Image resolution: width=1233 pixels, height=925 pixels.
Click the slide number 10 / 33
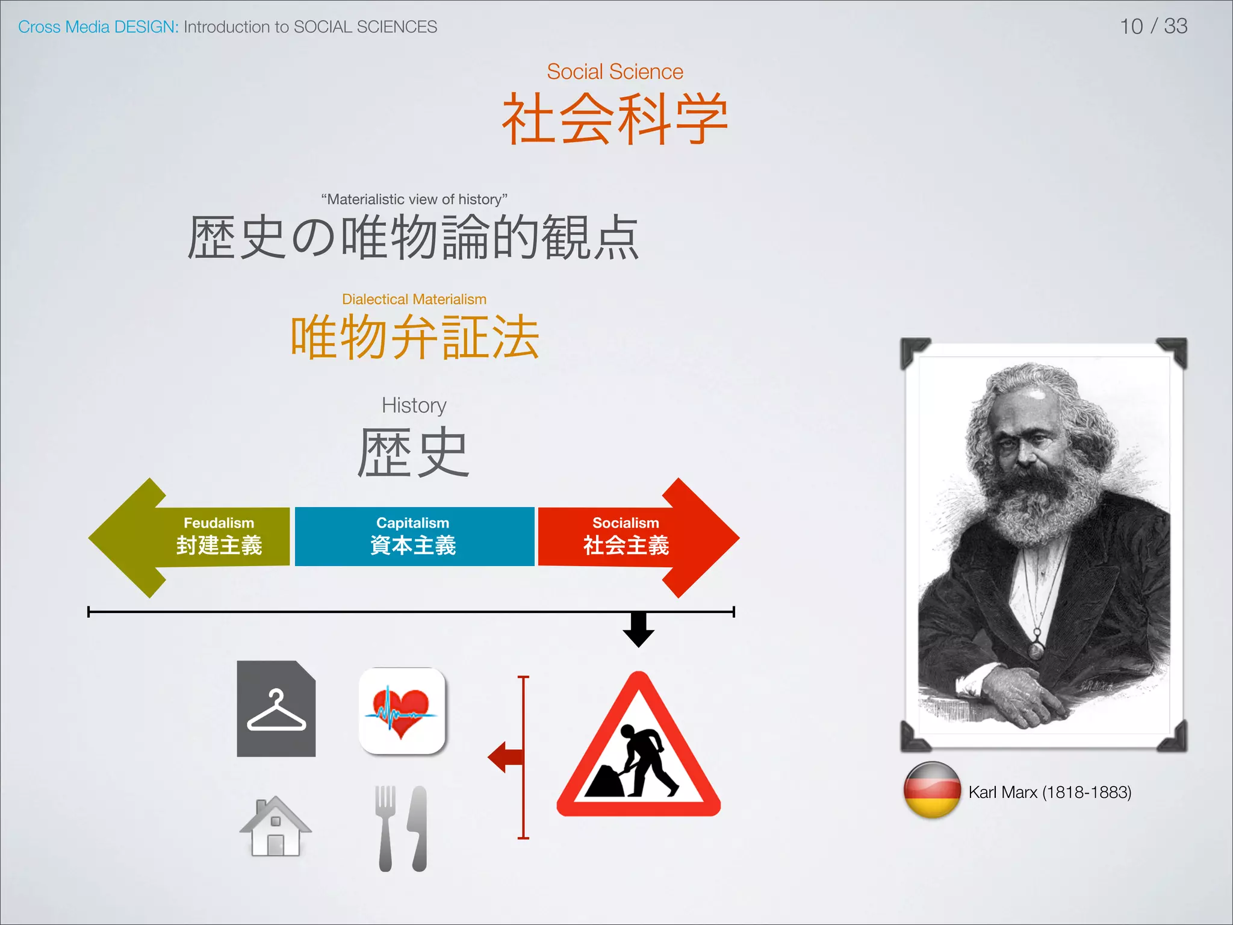point(1153,26)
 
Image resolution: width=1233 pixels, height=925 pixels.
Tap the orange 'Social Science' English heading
point(615,72)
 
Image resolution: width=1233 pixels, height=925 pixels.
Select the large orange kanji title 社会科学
point(615,119)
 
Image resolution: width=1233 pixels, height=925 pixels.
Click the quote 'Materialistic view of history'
point(414,199)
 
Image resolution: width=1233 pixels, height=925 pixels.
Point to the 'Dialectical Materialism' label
point(414,299)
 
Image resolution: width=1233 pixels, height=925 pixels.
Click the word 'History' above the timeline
point(414,405)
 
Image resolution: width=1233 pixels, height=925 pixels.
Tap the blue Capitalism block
point(414,537)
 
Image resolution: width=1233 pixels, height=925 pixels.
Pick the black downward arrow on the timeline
point(638,630)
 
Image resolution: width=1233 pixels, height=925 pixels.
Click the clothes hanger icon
point(276,709)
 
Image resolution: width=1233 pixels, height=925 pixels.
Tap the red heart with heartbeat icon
point(402,711)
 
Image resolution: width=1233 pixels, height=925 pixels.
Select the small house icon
point(276,826)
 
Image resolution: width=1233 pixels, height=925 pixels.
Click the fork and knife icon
point(402,828)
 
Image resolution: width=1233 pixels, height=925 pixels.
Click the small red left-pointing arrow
point(505,757)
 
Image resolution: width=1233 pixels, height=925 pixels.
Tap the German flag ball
point(932,790)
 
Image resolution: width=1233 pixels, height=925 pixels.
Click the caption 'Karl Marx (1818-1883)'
point(1049,792)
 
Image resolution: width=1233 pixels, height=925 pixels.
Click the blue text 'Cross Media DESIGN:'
point(98,27)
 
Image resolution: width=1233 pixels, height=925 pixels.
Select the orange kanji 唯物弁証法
point(414,337)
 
